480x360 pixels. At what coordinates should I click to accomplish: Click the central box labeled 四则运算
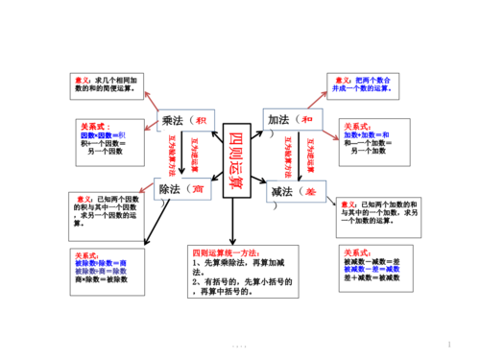241,161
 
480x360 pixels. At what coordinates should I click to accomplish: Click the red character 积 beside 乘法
200,120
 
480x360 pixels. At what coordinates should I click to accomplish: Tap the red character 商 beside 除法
198,191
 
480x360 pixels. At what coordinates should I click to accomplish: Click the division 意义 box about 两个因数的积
105,211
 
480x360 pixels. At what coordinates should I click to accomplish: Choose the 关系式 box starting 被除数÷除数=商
104,269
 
